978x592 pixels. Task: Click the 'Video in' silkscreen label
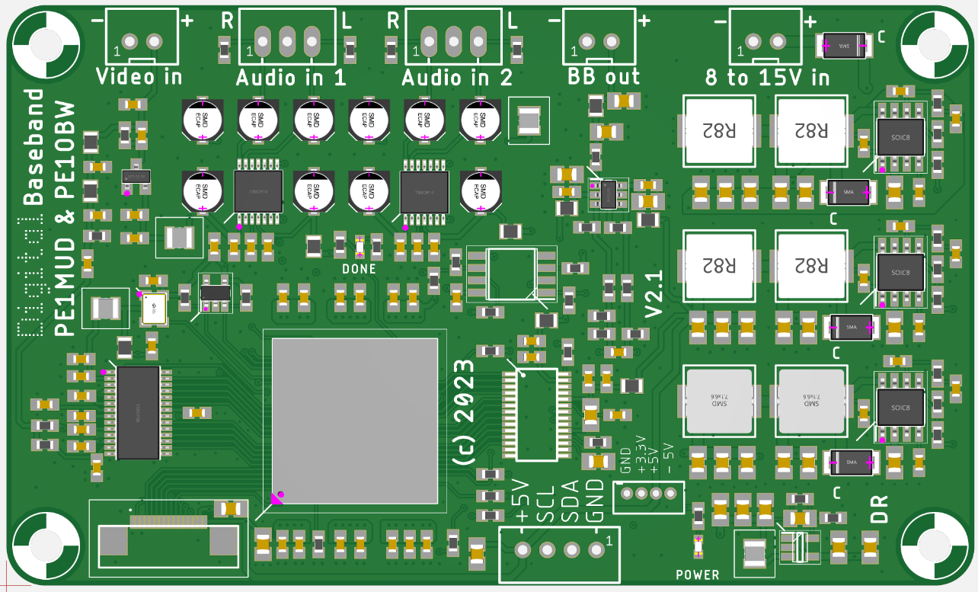point(139,76)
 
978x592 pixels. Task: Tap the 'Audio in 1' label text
point(290,78)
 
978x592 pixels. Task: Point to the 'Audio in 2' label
point(456,78)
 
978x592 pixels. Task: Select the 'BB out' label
point(604,77)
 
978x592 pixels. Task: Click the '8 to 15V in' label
point(767,78)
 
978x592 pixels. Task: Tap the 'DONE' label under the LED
point(359,269)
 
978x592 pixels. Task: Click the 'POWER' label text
point(697,574)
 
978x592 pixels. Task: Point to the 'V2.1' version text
point(654,295)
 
